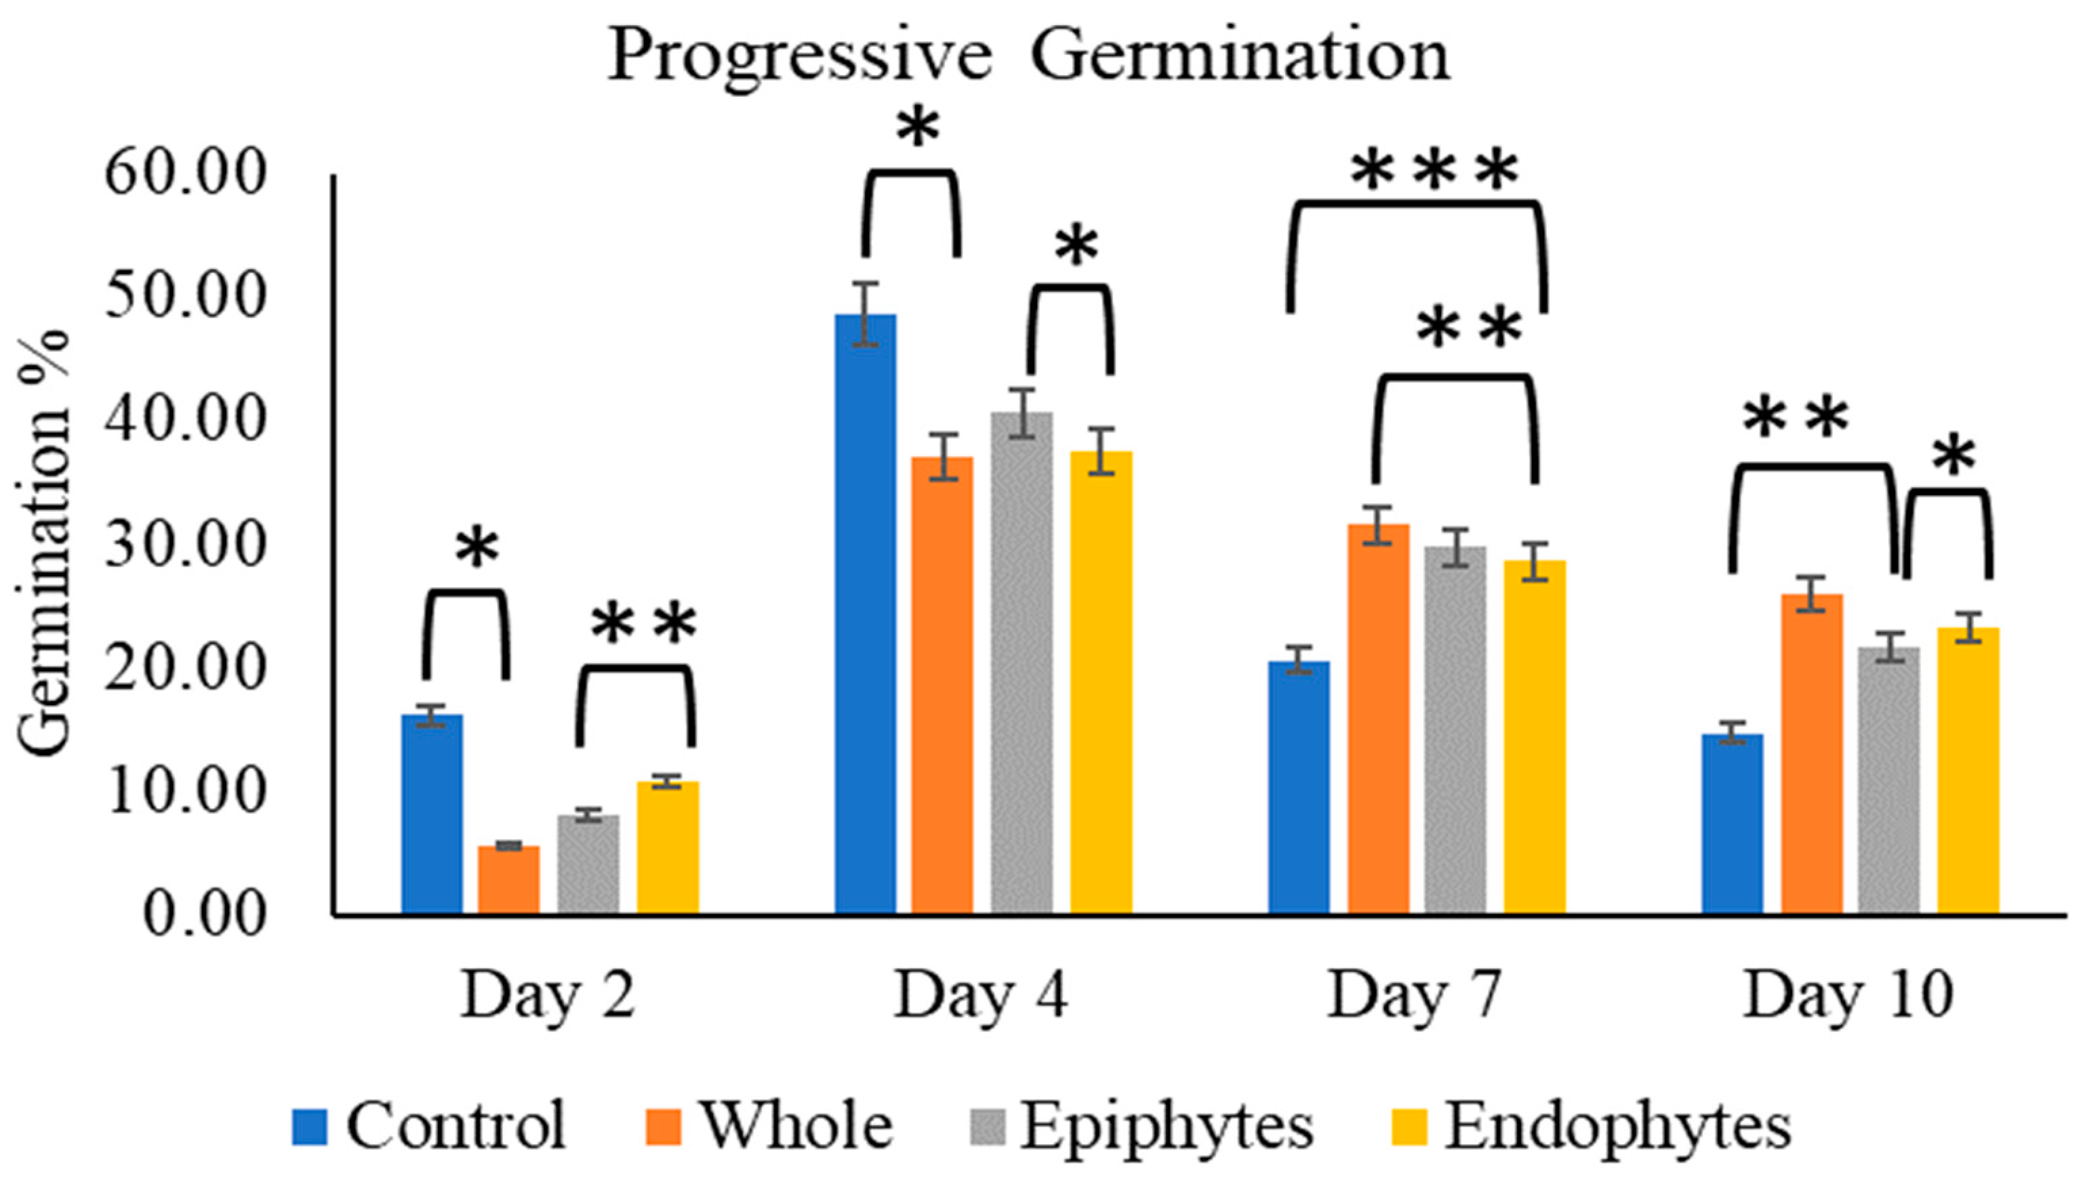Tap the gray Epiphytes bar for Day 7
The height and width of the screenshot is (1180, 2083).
click(x=1455, y=730)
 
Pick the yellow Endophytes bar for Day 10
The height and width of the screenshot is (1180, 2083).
click(x=1968, y=771)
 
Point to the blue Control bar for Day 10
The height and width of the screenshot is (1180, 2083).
click(x=1732, y=824)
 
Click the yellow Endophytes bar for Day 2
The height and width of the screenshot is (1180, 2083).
click(x=667, y=847)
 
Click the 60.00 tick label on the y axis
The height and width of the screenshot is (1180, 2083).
click(x=186, y=174)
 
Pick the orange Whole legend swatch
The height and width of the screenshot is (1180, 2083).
click(x=663, y=1127)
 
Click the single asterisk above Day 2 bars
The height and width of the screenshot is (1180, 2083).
click(x=476, y=549)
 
